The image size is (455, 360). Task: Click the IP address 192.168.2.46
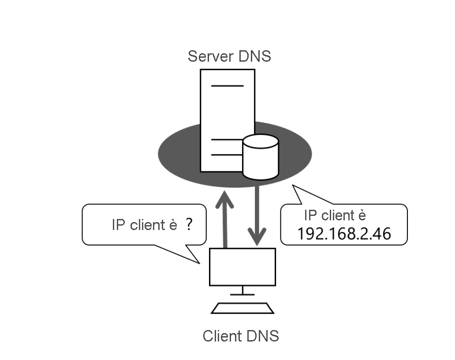pos(343,234)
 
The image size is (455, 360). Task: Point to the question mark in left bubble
pos(189,225)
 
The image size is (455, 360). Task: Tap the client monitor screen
pos(242,267)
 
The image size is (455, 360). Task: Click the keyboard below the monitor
pos(242,308)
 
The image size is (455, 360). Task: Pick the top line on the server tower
pos(227,85)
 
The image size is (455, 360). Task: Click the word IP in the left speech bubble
pos(118,225)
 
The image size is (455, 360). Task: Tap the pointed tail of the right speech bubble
pos(297,191)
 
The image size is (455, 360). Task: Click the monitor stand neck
pos(242,290)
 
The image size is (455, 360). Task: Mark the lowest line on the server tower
pos(227,155)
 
